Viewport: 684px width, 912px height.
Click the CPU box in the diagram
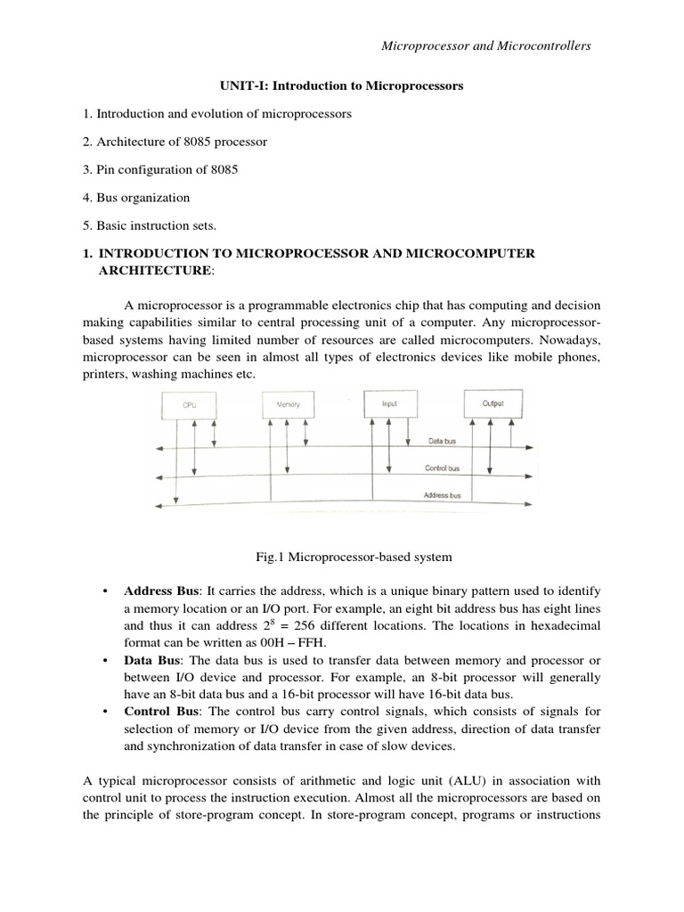pyautogui.click(x=189, y=405)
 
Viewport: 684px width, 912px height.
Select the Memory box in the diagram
pyautogui.click(x=289, y=404)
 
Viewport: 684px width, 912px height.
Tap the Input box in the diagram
pyautogui.click(x=390, y=403)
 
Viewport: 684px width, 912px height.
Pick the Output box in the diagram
pyautogui.click(x=493, y=403)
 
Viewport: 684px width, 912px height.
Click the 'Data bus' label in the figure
pyautogui.click(x=443, y=441)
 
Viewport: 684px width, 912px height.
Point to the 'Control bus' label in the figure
pyautogui.click(x=442, y=468)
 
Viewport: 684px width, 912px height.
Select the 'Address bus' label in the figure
pyautogui.click(x=442, y=493)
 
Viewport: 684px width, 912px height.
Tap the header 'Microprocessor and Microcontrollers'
pyautogui.click(x=485, y=45)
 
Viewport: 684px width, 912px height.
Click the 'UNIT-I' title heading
pyautogui.click(x=341, y=86)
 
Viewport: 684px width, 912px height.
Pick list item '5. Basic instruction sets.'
pyautogui.click(x=155, y=225)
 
